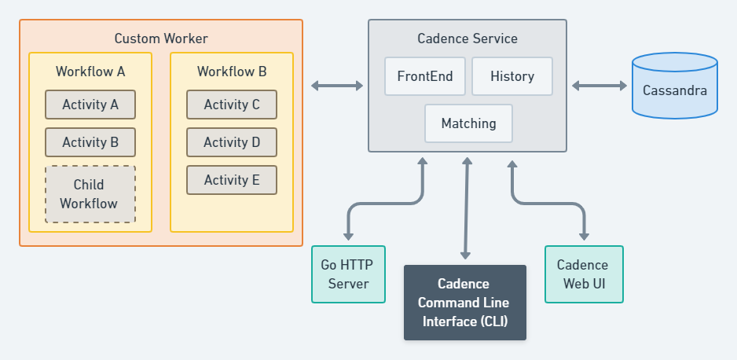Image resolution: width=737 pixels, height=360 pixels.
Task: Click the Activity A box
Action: coord(90,105)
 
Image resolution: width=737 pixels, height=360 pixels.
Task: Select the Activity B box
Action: coord(90,142)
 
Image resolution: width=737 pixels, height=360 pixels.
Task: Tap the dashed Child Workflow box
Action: coord(90,194)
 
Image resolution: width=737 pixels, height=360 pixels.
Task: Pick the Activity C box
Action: coord(232,105)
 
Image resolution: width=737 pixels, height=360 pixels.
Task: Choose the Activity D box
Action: coord(232,142)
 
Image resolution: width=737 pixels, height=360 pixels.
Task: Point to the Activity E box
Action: coord(232,180)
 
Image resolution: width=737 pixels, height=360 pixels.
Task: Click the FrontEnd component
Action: coord(425,76)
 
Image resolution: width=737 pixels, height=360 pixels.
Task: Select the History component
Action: coord(512,76)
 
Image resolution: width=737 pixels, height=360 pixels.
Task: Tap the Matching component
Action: coord(468,123)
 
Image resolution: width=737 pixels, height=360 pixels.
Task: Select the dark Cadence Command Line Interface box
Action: coord(464,303)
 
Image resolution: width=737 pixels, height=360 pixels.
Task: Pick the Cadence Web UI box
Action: coord(584,274)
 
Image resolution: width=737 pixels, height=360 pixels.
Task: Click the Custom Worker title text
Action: coord(161,39)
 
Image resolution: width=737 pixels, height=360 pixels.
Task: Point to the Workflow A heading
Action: coord(90,72)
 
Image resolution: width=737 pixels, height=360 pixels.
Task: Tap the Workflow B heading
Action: coord(232,72)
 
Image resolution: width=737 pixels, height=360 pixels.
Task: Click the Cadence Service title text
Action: coord(467,39)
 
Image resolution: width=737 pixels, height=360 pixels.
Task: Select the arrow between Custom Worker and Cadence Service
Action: coord(336,86)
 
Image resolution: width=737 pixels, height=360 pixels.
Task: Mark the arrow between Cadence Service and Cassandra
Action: coord(599,86)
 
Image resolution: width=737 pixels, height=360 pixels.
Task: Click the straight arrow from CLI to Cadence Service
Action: coord(467,208)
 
